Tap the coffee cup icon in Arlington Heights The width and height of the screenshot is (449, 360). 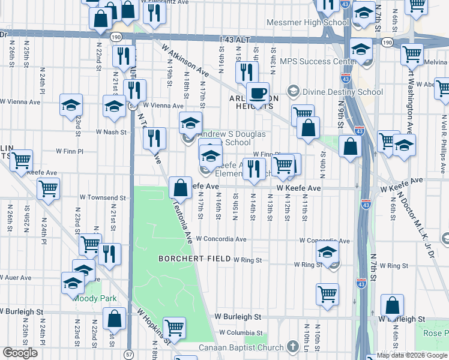tap(258, 94)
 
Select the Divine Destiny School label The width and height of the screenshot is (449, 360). tap(343, 92)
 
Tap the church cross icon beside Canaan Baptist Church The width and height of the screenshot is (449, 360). tap(292, 347)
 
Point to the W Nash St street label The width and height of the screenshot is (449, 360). tap(112, 132)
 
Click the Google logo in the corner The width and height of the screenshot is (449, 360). tap(20, 352)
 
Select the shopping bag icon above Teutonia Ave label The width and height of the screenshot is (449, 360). tap(180, 188)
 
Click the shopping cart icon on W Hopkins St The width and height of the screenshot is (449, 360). tap(174, 328)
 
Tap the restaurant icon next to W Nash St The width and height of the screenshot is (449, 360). tap(154, 138)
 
